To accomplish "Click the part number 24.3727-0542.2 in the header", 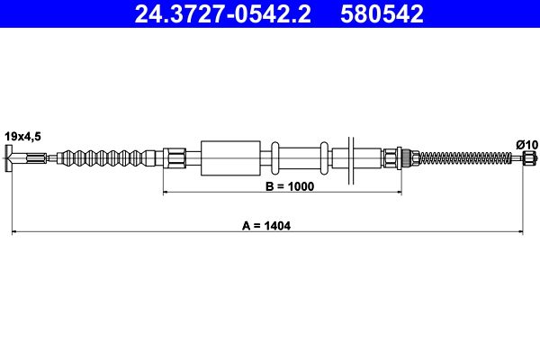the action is point(223,14).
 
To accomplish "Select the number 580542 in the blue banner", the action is point(382,14).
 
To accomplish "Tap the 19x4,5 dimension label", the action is point(22,137).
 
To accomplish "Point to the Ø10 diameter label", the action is point(526,145).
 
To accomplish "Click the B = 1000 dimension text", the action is point(290,186).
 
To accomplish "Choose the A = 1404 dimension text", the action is point(266,226).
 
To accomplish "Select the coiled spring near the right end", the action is point(465,158).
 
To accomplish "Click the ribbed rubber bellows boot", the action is point(106,158).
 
